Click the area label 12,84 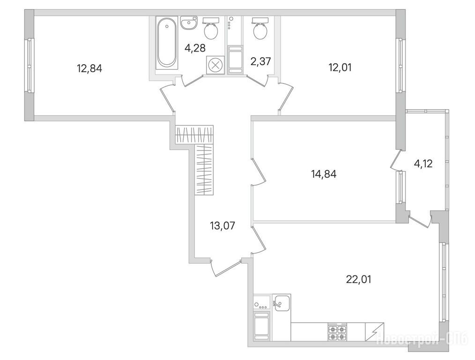pos(89,68)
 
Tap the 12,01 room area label pos(340,67)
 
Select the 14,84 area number pos(324,174)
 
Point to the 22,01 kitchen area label pos(358,279)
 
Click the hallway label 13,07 pos(223,225)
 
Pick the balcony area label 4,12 pos(423,164)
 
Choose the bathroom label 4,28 pos(195,48)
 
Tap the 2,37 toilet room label pos(260,61)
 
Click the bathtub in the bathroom pos(166,43)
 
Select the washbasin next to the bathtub pos(189,22)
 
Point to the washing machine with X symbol pos(215,65)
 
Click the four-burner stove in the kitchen pos(337,332)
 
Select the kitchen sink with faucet pos(282,303)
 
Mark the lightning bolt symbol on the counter pos(374,332)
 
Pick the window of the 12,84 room pos(29,65)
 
